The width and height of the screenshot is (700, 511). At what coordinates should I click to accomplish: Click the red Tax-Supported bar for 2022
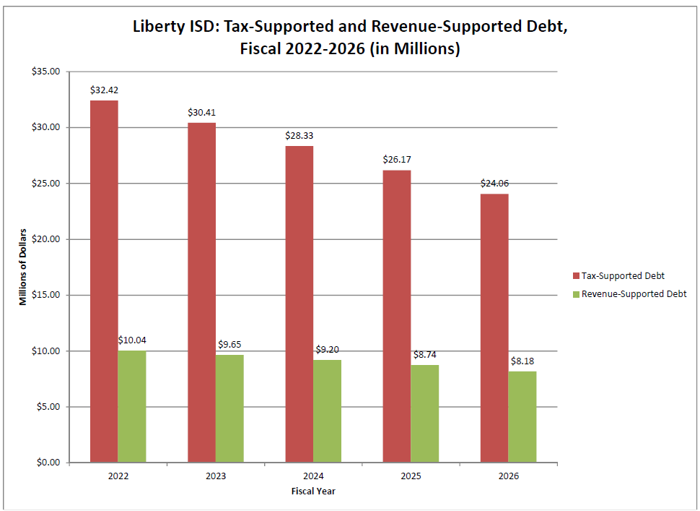point(104,282)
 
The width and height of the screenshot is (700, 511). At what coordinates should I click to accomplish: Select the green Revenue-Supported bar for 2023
point(229,408)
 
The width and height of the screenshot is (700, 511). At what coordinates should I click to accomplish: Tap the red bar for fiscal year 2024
point(299,304)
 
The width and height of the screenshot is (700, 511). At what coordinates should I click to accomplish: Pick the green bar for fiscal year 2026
point(522,417)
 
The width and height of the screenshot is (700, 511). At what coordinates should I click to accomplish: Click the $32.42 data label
point(103,91)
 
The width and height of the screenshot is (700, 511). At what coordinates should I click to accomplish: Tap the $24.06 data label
point(494,184)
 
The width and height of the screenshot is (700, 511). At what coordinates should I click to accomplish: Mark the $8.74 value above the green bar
point(425,355)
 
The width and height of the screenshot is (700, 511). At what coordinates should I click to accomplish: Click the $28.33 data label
point(299,136)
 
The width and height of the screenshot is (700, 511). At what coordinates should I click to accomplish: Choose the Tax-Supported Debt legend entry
point(618,275)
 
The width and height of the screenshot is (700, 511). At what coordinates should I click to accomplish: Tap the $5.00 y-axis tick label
point(48,407)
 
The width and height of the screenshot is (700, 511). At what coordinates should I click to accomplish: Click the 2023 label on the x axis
point(215,477)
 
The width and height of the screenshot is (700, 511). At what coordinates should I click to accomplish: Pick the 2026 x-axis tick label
point(508,477)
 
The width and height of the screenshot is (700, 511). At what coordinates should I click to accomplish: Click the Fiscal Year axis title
point(313,491)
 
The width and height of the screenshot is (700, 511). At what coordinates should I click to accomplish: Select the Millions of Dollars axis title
point(23,267)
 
